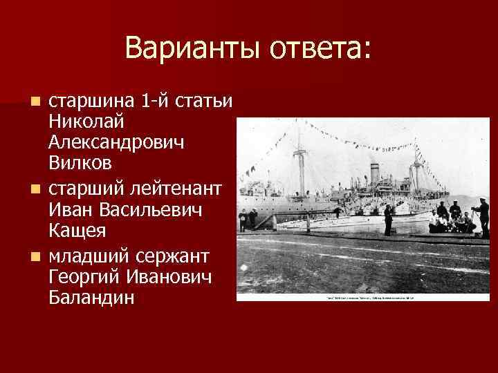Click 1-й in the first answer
[156, 102]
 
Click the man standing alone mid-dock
[388, 218]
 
